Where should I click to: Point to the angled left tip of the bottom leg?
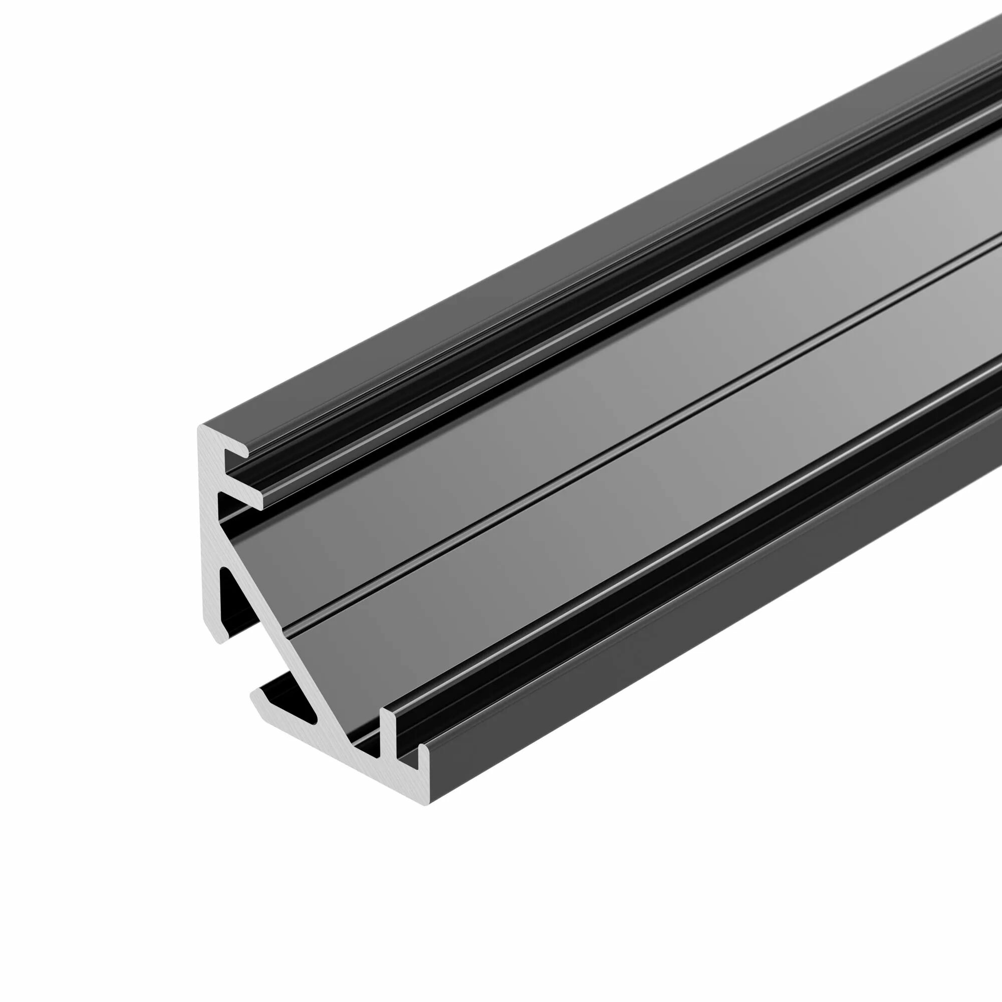pyautogui.click(x=254, y=695)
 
